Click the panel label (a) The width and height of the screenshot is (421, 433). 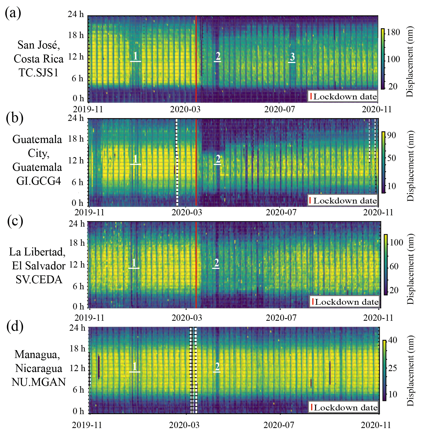(x=13, y=13)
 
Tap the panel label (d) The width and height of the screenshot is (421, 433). (x=15, y=327)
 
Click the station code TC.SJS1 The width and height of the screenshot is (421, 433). (x=39, y=73)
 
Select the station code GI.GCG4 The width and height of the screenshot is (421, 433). (x=39, y=181)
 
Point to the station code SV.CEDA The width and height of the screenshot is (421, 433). (x=39, y=280)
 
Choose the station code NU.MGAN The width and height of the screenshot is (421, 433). (x=39, y=382)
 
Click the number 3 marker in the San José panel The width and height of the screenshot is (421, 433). (x=292, y=57)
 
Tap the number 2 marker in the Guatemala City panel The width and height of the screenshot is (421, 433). (x=218, y=159)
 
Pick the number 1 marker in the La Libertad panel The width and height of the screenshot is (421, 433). (x=134, y=263)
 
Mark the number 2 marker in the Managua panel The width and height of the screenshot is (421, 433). (x=217, y=366)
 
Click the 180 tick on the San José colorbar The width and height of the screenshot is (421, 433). (x=393, y=32)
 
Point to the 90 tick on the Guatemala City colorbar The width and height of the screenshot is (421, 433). (x=391, y=135)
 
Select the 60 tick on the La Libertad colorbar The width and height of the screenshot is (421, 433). (x=394, y=266)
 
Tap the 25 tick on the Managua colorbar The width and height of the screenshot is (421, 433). (x=392, y=368)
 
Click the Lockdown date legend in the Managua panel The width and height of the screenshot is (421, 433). (x=344, y=408)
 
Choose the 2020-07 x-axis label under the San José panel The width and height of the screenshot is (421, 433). (x=280, y=109)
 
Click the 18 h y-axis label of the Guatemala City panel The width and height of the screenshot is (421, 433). (x=76, y=139)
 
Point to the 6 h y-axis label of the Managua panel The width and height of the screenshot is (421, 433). (x=78, y=390)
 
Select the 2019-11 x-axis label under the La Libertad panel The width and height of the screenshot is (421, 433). (x=90, y=318)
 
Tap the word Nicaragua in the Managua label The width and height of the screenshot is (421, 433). (x=39, y=368)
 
